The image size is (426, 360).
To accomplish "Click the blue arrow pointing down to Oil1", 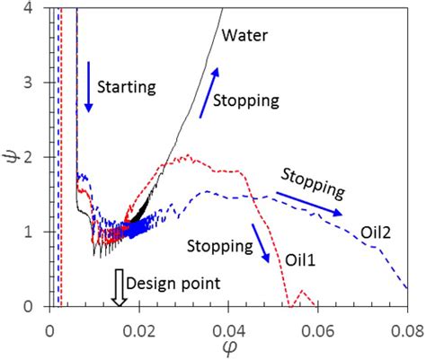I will [x=262, y=243].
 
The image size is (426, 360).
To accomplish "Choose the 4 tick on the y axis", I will [x=32, y=8].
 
